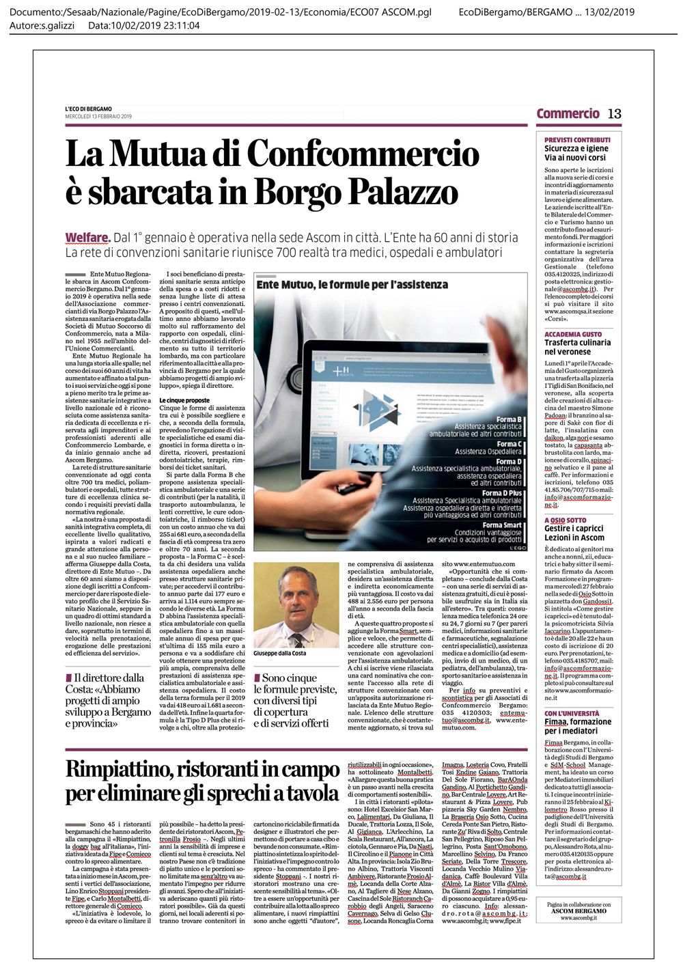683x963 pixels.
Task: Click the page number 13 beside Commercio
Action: point(615,113)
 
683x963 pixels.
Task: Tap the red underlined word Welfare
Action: point(87,238)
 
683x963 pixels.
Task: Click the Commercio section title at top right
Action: point(568,113)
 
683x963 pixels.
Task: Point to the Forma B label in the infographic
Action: point(509,419)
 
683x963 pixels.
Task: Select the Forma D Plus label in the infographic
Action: point(501,492)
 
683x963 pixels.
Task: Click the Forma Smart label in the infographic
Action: point(501,525)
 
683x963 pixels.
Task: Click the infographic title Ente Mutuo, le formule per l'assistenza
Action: point(352,284)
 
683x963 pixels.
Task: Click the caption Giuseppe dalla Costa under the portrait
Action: point(280,653)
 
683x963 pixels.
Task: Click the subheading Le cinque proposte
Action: point(184,400)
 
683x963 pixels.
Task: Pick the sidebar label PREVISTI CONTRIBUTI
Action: point(577,139)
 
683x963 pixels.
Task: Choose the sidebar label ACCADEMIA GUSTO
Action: point(573,334)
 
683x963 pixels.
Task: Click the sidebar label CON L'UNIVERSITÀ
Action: point(572,713)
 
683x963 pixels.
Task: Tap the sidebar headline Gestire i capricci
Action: point(574,528)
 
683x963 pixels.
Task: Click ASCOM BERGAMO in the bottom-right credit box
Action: point(579,911)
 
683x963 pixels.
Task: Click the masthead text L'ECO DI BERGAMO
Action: point(89,109)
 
